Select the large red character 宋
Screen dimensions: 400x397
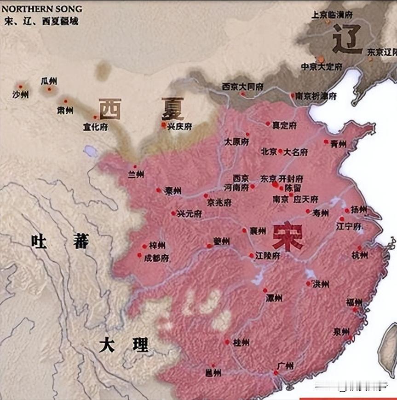point(287,237)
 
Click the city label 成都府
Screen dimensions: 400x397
point(156,259)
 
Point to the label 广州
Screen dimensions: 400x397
point(285,366)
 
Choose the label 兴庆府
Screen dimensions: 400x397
point(179,126)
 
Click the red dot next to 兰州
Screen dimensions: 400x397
point(135,167)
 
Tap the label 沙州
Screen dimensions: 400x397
point(20,95)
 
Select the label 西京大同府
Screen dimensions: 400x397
point(242,86)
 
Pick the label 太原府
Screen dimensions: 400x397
point(236,142)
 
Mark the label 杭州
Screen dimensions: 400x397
point(359,255)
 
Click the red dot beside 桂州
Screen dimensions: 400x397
point(227,342)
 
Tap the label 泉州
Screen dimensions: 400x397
point(342,331)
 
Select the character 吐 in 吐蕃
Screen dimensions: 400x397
point(39,241)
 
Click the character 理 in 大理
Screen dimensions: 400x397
point(140,345)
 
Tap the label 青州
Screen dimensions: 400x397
point(338,144)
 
